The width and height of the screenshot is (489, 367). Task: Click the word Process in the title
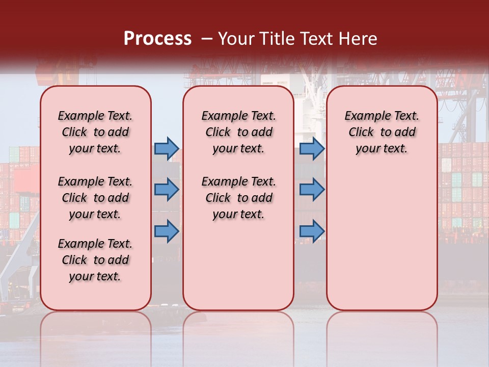click(157, 39)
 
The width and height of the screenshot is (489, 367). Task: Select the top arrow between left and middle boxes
click(167, 148)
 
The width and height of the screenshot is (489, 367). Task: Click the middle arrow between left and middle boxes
click(167, 190)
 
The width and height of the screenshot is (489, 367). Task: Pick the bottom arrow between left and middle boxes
click(167, 231)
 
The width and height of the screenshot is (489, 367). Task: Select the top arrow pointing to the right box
click(312, 148)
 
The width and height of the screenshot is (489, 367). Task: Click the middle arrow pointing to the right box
click(312, 190)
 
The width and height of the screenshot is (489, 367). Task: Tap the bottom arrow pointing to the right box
click(312, 231)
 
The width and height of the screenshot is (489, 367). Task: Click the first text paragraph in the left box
click(95, 132)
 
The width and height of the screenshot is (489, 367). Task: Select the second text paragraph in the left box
click(95, 198)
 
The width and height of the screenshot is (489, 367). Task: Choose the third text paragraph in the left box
click(95, 260)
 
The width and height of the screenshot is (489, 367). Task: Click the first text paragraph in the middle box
click(238, 132)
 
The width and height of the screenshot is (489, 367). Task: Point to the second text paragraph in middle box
click(238, 198)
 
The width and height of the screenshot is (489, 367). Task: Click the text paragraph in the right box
click(382, 132)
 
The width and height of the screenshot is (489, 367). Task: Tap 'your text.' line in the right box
click(382, 148)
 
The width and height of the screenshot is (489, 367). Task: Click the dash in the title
click(207, 39)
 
